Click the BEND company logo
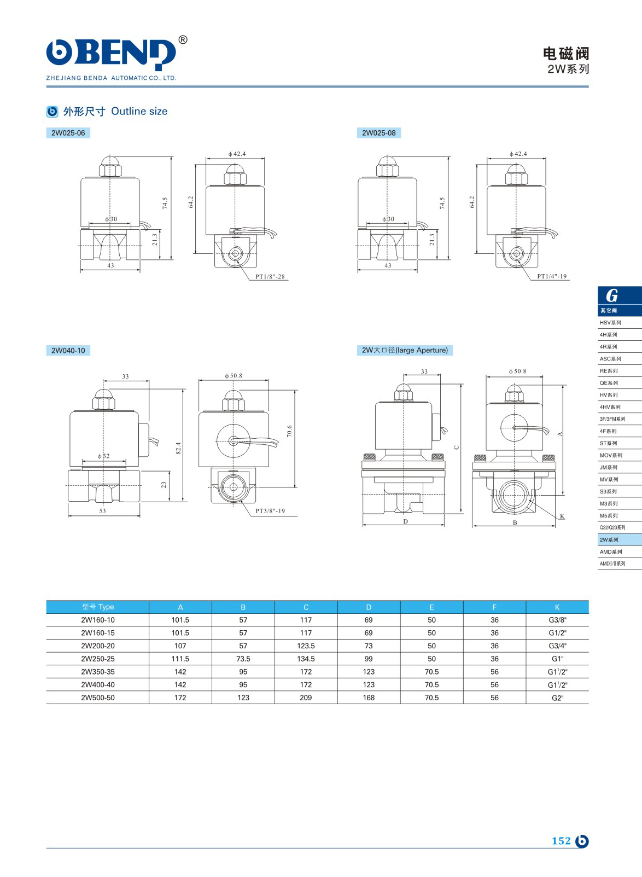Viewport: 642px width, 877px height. (112, 55)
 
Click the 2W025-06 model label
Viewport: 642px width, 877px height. (68, 133)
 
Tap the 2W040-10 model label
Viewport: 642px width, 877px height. (68, 351)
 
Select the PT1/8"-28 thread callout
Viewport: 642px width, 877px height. (270, 277)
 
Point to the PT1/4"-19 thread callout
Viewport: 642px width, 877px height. (552, 277)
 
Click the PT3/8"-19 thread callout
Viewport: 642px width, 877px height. (270, 512)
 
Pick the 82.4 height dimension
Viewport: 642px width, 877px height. (178, 448)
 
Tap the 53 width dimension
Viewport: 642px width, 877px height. (103, 511)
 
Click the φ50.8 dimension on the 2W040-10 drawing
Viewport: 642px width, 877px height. (234, 376)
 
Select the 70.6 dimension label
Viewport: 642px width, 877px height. (289, 431)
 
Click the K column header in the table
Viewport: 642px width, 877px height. (557, 607)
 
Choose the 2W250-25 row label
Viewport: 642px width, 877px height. (98, 659)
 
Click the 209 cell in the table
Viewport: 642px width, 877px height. (306, 698)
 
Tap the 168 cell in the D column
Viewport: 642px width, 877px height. (369, 698)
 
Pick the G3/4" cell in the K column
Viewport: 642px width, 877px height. (557, 646)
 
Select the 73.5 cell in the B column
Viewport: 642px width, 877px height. (243, 659)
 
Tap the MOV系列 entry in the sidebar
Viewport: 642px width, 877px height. (611, 456)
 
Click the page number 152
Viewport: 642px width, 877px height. (561, 841)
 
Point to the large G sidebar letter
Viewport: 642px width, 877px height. (612, 296)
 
